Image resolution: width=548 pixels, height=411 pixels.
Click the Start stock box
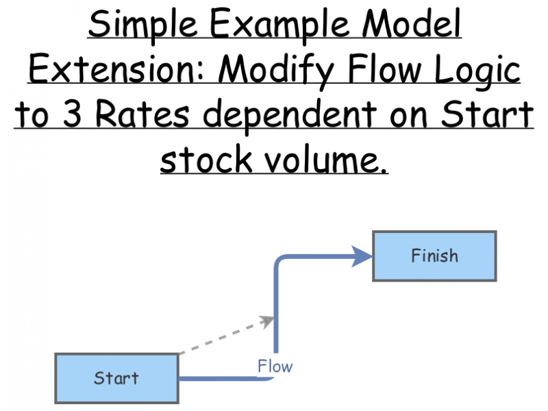116,378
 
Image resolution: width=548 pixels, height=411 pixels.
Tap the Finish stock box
434,256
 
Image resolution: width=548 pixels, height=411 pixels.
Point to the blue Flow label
275,366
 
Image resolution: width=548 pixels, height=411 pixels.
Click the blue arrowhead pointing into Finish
362,257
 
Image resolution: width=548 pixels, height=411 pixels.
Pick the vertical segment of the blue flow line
275,308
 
